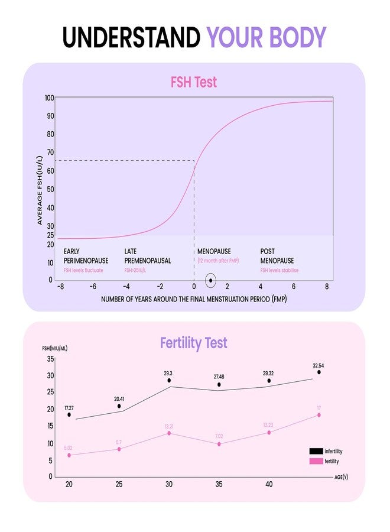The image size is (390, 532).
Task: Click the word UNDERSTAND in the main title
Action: (131, 37)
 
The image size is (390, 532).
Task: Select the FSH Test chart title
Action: (194, 82)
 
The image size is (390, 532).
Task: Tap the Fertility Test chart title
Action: (194, 343)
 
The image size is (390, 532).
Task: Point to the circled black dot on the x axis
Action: (211, 280)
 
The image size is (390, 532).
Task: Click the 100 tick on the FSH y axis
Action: (50, 98)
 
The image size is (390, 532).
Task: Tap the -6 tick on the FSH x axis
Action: (93, 286)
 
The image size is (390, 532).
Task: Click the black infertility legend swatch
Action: (316, 450)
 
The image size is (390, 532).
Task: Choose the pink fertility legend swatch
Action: (316, 461)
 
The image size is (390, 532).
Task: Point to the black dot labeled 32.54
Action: (319, 372)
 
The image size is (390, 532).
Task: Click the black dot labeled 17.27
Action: (69, 415)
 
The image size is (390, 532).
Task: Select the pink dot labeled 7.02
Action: (219, 444)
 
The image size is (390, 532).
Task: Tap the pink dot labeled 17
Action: (319, 415)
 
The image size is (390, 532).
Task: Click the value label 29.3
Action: (168, 374)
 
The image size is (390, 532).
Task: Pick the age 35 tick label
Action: (219, 484)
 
